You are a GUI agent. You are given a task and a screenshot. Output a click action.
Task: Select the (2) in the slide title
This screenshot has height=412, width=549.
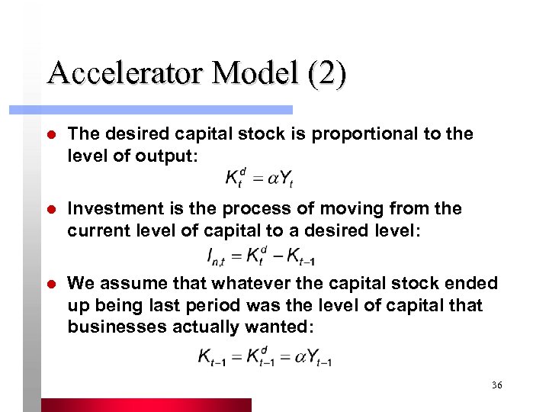(x=326, y=73)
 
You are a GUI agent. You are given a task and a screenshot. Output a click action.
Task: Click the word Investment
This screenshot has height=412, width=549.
(x=111, y=208)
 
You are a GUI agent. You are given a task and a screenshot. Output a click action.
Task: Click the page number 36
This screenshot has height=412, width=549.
(x=497, y=386)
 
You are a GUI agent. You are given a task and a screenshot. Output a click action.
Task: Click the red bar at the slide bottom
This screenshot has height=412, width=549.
(x=145, y=405)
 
